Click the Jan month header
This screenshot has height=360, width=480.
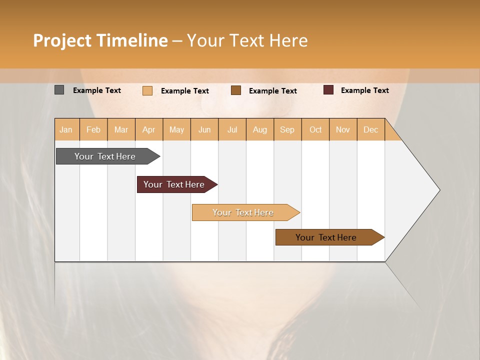tap(66, 129)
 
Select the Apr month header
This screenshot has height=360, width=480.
tap(148, 129)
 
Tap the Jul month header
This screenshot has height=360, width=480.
tap(232, 129)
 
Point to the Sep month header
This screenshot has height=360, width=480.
tap(287, 129)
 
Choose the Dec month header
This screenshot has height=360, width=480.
tap(370, 129)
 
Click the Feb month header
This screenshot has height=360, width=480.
tap(93, 129)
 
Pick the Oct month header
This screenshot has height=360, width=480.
tap(315, 129)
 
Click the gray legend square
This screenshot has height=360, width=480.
tap(59, 90)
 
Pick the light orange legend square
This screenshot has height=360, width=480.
tap(147, 90)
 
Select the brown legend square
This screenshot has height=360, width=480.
tap(236, 90)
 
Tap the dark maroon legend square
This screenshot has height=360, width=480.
tap(328, 90)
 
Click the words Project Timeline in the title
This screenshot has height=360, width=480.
tap(100, 40)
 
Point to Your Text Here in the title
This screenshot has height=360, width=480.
tap(247, 40)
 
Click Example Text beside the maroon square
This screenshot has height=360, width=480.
tap(364, 90)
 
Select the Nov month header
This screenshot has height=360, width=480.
tap(343, 129)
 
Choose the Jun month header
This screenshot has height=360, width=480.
tap(204, 129)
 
